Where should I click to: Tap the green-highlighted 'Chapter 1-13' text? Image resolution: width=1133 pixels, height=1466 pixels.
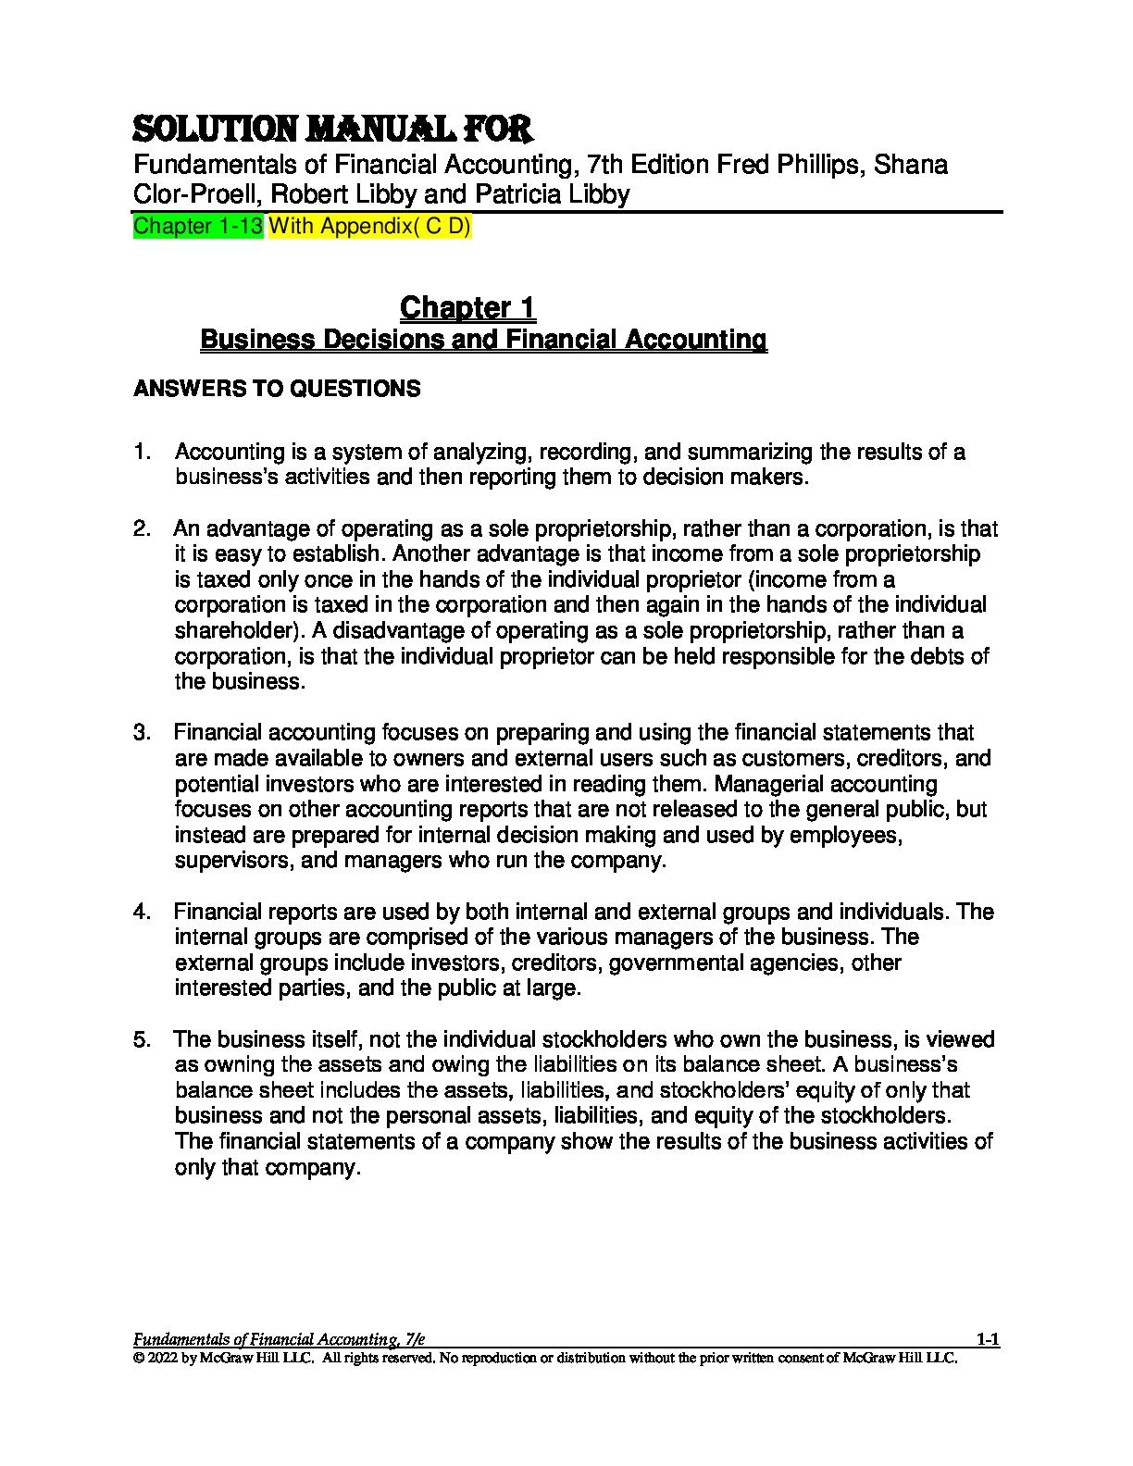[199, 227]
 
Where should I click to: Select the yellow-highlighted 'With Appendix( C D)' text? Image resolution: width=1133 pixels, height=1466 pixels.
[370, 227]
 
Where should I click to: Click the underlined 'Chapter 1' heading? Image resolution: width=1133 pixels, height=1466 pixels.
[467, 307]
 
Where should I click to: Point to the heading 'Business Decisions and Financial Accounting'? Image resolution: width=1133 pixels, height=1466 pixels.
[483, 340]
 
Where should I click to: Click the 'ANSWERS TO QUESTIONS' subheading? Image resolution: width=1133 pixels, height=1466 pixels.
[277, 389]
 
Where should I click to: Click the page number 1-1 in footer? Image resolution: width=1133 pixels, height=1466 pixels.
[988, 1338]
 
